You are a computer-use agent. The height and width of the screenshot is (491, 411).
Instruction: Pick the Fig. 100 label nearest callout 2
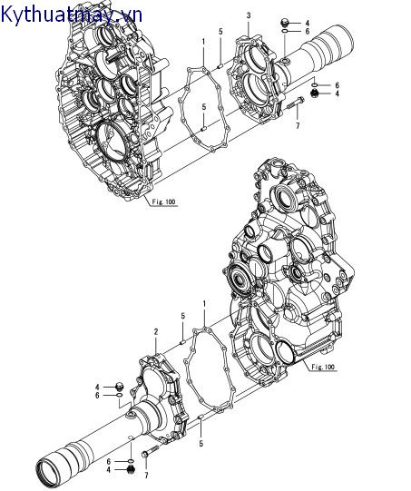coord(322,367)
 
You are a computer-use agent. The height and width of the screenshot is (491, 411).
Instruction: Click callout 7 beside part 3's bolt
coord(297,125)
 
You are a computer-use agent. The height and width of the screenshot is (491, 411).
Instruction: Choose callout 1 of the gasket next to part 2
coord(205,301)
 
